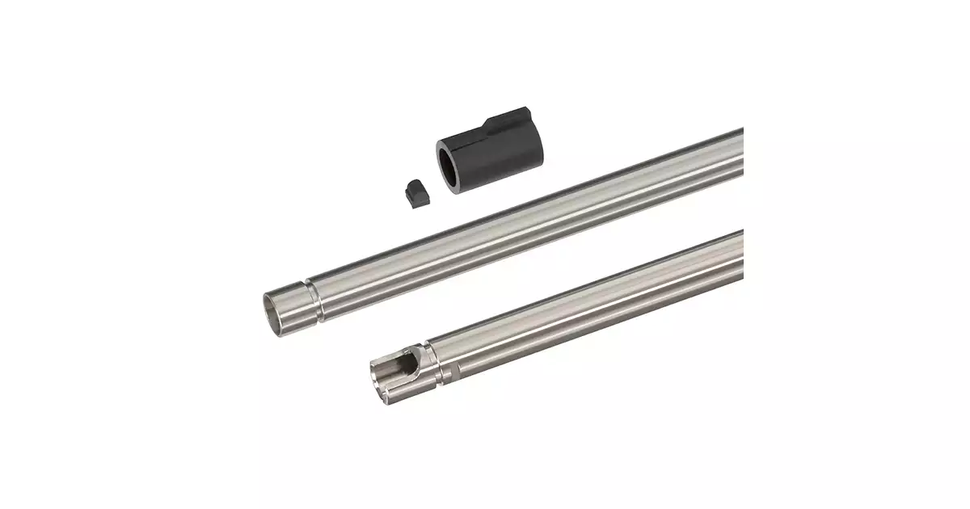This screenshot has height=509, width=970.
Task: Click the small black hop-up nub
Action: click(413, 192)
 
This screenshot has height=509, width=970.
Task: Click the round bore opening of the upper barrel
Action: click(280, 305)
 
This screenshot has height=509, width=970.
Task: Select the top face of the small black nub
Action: click(413, 186)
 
